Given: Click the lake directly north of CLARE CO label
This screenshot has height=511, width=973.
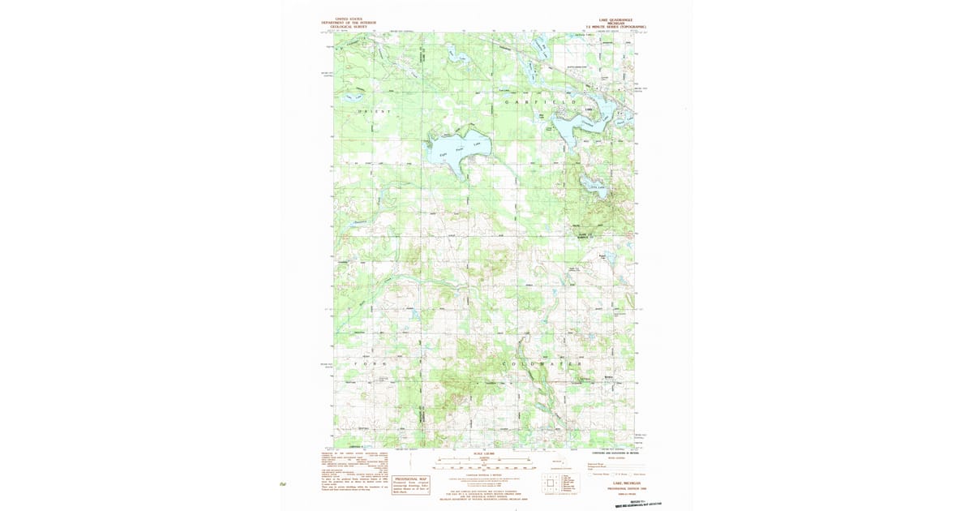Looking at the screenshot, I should pyautogui.click(x=598, y=188).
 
